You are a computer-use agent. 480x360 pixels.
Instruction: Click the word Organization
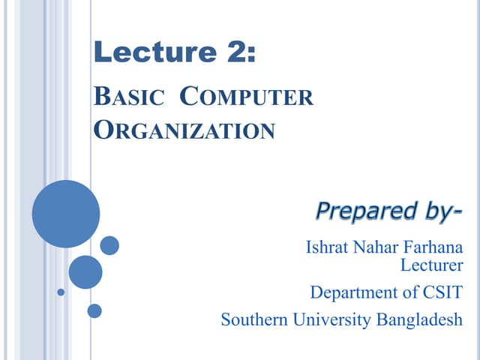tap(184, 130)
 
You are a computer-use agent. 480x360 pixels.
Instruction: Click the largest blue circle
tap(66, 214)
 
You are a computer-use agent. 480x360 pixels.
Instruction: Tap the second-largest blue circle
tap(85, 272)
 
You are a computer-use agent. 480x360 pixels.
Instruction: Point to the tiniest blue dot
tap(61, 292)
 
